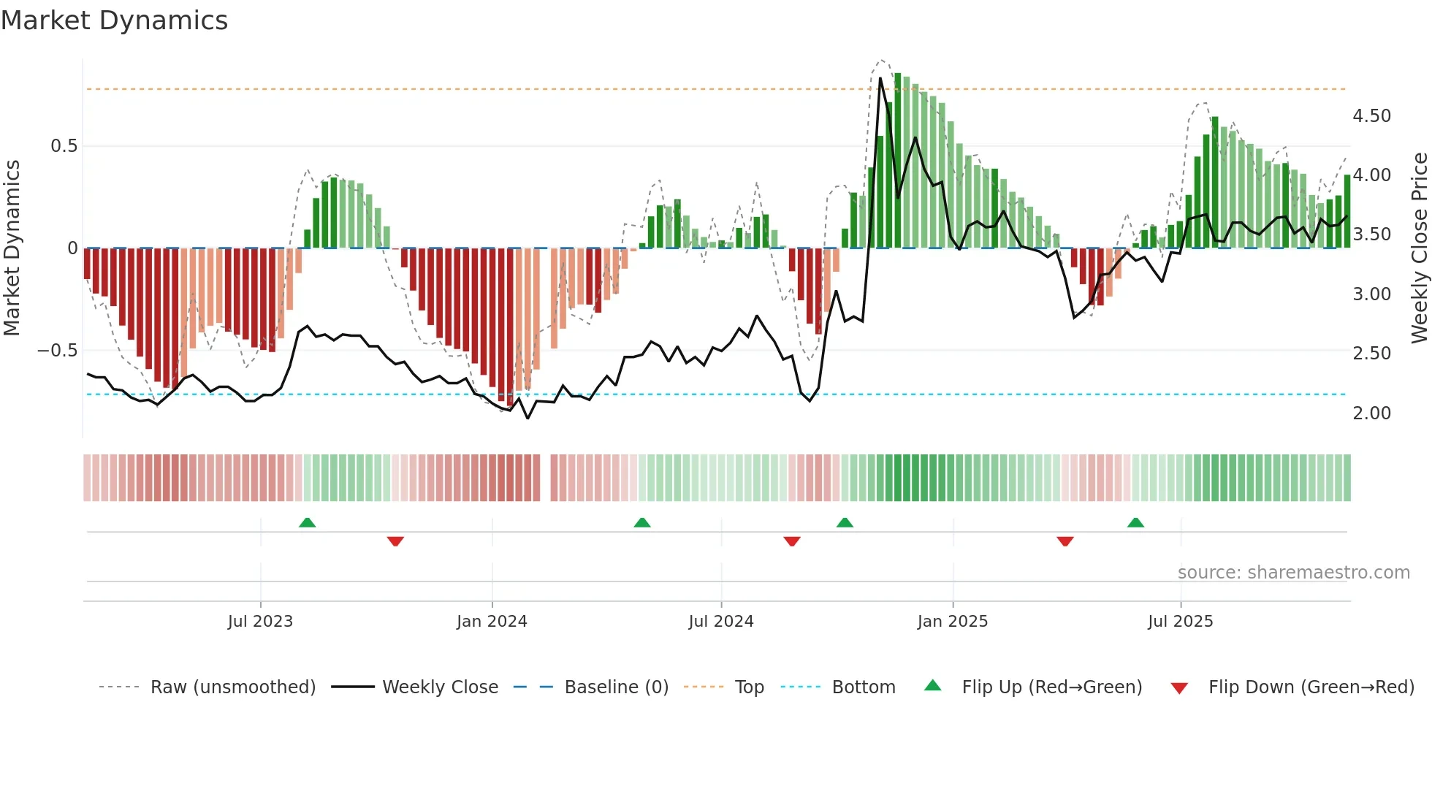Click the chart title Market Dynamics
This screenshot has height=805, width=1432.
[x=114, y=20]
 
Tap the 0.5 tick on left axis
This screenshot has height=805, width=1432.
[x=64, y=146]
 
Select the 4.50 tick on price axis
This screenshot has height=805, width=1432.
[x=1371, y=116]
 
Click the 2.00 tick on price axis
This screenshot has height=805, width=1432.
[x=1371, y=413]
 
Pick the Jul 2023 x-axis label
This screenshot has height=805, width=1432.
[x=260, y=622]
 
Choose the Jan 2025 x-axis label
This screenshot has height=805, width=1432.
[x=952, y=622]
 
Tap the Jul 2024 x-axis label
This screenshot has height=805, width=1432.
[x=720, y=622]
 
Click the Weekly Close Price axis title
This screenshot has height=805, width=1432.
[x=1419, y=248]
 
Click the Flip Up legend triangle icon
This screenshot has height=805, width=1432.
[x=933, y=685]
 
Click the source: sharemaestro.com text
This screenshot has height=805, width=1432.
[x=1293, y=573]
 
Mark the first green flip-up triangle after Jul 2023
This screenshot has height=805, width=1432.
[x=307, y=522]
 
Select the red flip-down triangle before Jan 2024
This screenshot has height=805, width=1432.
[x=395, y=541]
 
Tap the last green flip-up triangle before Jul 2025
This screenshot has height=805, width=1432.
[x=1135, y=522]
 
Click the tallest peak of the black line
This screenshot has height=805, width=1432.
[x=880, y=78]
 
